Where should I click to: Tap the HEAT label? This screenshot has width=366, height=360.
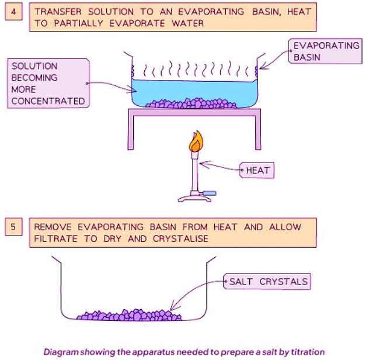pos(256,171)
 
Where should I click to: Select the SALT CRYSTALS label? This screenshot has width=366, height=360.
pos(268,282)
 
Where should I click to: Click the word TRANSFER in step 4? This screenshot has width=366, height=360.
pos(58,12)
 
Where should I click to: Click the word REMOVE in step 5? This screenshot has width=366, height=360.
pos(52,227)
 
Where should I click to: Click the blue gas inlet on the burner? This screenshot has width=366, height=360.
pos(211,192)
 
